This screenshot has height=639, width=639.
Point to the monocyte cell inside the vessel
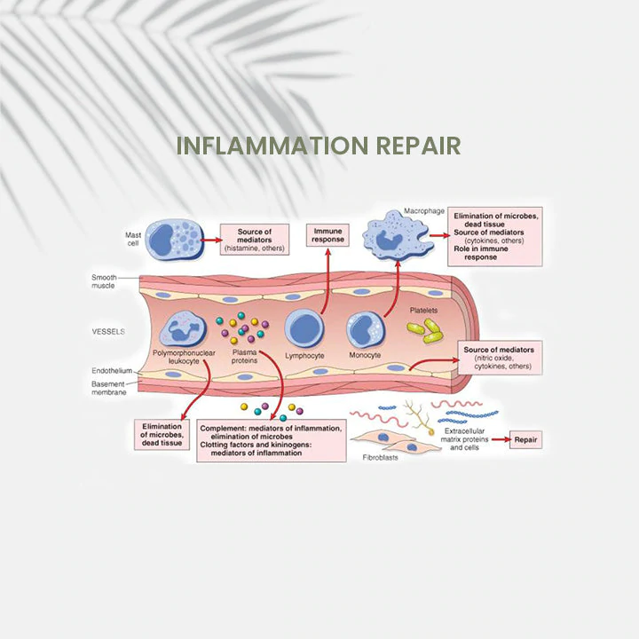[x=365, y=329]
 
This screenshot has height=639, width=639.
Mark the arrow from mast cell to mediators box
[x=209, y=239]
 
